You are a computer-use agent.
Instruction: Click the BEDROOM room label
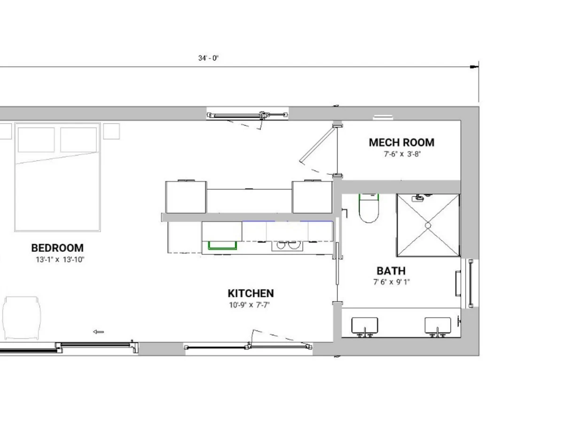tap(57, 248)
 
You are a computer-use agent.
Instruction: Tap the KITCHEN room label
tap(251, 293)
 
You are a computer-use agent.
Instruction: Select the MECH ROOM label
tap(401, 142)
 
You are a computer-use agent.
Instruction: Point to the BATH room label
tap(391, 271)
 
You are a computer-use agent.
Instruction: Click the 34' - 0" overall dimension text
tap(208, 58)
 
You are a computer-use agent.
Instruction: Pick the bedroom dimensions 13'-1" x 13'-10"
tap(60, 259)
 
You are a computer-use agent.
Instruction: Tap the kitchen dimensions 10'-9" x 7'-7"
tap(250, 305)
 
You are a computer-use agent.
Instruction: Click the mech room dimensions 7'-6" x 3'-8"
tap(402, 154)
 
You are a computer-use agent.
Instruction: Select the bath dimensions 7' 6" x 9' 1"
tap(392, 282)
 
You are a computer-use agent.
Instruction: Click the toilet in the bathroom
tap(369, 208)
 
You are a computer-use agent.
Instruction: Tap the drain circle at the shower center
tap(428, 226)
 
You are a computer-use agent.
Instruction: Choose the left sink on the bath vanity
tap(365, 326)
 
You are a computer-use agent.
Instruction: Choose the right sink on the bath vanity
tap(438, 326)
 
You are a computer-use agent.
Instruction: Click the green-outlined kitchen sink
tap(222, 245)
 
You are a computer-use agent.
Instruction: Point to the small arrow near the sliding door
tap(98, 332)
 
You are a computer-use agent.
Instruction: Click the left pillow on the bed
tap(36, 140)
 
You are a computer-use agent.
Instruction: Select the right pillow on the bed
tap(78, 140)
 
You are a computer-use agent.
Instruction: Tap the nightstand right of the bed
tap(111, 131)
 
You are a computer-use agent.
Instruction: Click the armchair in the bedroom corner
tap(22, 318)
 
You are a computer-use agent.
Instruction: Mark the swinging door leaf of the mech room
tap(318, 145)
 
